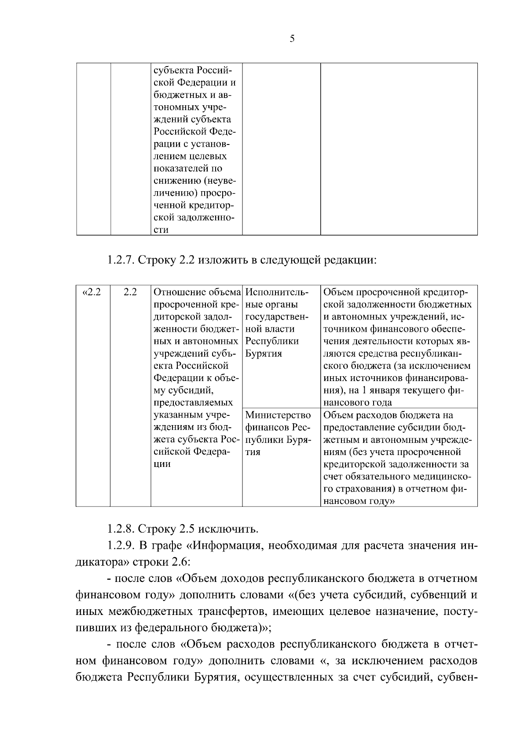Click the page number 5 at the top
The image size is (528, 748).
[292, 39]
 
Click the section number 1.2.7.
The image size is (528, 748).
[121, 260]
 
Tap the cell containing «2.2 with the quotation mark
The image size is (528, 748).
[92, 292]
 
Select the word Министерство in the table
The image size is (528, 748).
[278, 415]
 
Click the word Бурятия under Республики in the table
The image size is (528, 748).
[263, 354]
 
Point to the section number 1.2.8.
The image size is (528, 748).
[121, 528]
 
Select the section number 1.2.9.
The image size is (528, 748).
[121, 546]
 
